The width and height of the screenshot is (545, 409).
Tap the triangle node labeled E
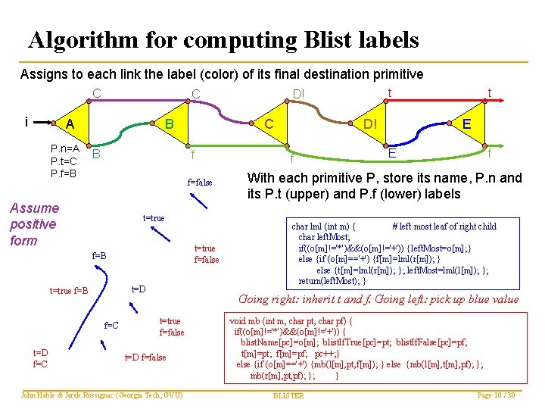[x=467, y=125]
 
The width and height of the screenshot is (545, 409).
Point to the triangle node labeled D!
[x=371, y=123]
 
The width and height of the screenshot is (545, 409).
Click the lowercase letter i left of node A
[x=26, y=121]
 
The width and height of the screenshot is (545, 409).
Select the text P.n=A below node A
[x=65, y=148]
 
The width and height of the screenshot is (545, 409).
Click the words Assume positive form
[x=34, y=224]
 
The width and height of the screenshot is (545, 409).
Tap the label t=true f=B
[x=69, y=290]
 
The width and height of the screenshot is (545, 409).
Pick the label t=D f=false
[x=145, y=357]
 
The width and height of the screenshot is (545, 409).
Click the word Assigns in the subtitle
[x=43, y=74]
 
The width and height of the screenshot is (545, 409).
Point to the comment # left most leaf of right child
[x=444, y=226]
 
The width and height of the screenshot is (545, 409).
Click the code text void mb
[x=249, y=320]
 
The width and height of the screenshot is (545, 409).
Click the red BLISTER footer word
[x=288, y=395]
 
